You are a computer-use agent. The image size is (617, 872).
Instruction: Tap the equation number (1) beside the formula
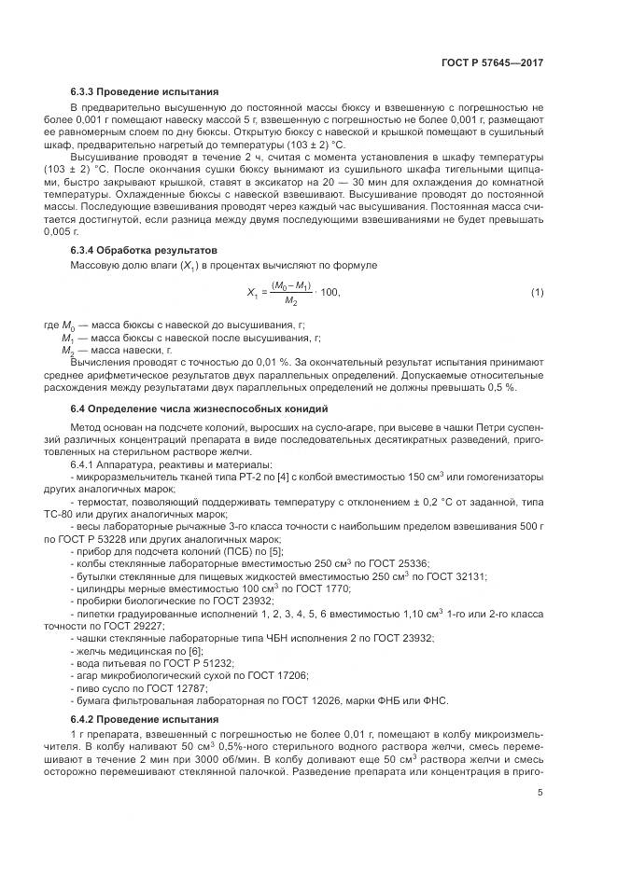[537, 293]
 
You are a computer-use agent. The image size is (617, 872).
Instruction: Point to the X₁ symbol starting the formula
[252, 293]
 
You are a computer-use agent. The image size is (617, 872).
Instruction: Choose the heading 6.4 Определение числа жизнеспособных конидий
[198, 410]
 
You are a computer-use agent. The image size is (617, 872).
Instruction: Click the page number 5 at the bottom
[540, 794]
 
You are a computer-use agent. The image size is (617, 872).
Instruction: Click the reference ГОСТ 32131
[449, 576]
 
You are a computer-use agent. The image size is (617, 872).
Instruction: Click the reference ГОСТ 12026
[321, 699]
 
